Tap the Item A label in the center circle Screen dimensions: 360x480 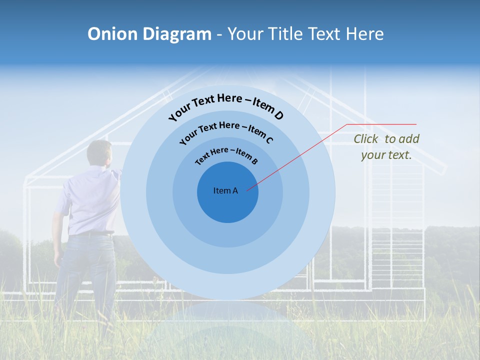[x=225, y=190]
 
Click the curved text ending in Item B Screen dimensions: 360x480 [x=226, y=155]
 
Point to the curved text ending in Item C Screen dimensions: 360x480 [x=226, y=131]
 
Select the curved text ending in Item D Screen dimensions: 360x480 [x=226, y=105]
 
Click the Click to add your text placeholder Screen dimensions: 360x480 [x=386, y=147]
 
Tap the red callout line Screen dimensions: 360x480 [x=300, y=155]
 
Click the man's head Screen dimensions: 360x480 [x=99, y=152]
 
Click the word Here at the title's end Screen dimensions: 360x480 [x=364, y=34]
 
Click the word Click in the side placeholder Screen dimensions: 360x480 [x=366, y=139]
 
